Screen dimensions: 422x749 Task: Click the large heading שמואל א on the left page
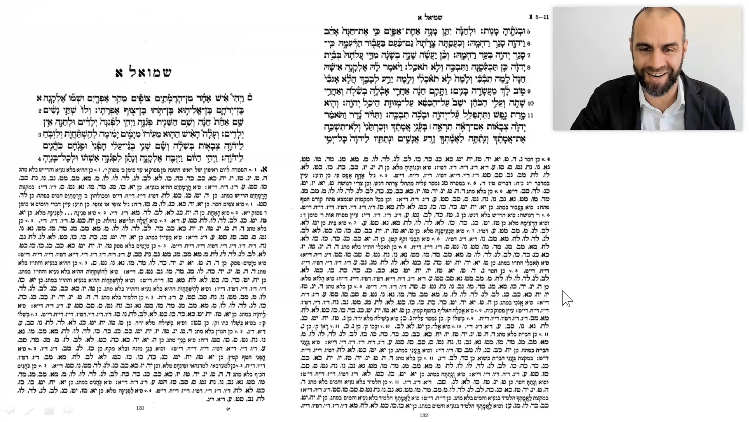click(143, 73)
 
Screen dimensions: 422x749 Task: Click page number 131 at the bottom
click(140, 408)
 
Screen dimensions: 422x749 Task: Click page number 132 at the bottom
click(424, 415)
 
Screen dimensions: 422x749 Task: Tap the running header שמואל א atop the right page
click(430, 18)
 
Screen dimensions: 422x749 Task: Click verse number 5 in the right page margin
click(529, 31)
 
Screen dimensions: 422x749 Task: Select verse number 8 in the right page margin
click(529, 68)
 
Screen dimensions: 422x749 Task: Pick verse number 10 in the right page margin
click(530, 104)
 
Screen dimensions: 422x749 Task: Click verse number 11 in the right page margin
click(530, 116)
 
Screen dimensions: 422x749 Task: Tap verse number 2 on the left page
click(40, 111)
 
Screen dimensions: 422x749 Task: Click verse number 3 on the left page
click(40, 135)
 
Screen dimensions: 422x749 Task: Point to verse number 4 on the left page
click(40, 159)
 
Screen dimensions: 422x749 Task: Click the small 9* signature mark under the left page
click(228, 409)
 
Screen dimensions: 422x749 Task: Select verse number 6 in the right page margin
click(529, 43)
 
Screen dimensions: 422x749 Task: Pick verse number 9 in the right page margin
click(529, 92)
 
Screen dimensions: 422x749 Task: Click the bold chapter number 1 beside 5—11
click(531, 17)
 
